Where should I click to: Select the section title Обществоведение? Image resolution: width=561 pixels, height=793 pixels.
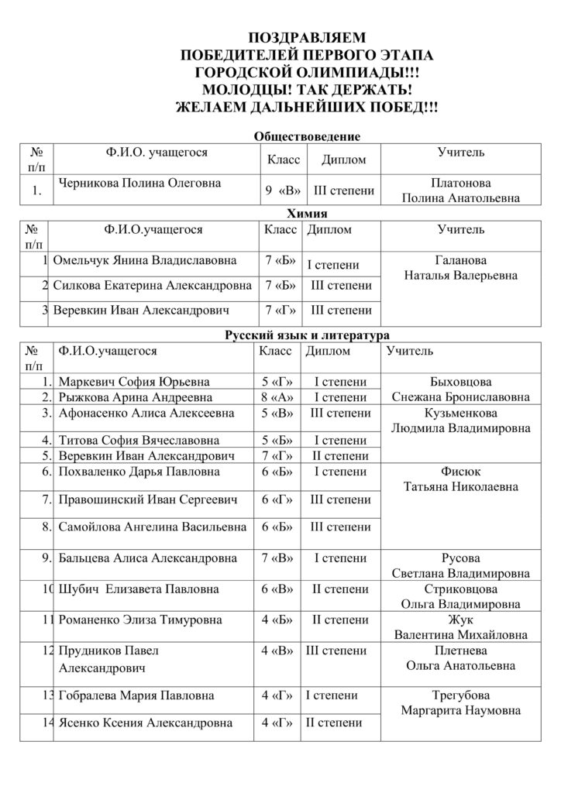[308, 137]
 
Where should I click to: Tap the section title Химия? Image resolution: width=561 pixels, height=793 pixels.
[308, 213]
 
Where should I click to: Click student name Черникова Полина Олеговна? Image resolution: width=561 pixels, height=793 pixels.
[140, 184]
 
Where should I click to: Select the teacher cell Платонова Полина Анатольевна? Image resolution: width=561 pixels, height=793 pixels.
[461, 191]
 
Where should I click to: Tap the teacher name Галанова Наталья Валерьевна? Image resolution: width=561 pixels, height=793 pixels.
[461, 268]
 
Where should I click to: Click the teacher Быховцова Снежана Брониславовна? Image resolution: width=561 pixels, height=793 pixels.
[461, 390]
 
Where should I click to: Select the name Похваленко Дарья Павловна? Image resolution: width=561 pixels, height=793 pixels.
[139, 471]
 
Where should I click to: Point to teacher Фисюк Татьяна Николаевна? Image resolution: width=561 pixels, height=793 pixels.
[461, 479]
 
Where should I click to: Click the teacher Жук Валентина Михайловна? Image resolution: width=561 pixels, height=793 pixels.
[461, 627]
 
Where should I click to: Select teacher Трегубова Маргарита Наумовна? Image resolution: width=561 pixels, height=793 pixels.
[461, 702]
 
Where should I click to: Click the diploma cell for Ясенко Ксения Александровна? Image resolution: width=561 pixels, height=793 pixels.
[335, 724]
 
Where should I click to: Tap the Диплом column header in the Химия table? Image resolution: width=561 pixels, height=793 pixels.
[329, 230]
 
